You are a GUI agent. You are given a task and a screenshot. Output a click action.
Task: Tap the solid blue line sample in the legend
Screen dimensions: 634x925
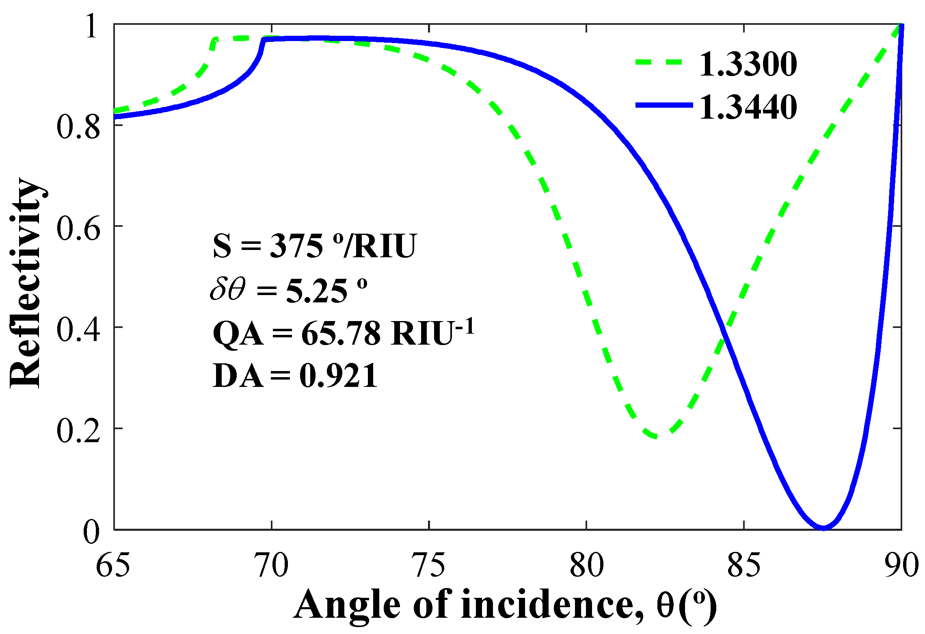click(x=663, y=105)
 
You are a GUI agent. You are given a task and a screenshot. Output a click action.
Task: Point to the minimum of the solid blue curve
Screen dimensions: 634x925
click(x=823, y=528)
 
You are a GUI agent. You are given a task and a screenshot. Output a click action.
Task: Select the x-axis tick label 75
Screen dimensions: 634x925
click(x=429, y=565)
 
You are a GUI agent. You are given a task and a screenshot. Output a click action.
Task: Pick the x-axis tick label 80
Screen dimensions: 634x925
click(x=586, y=565)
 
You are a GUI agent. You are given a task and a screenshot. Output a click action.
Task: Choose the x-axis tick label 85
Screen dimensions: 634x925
click(x=744, y=565)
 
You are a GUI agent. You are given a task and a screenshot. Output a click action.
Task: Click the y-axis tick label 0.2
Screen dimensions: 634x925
click(x=78, y=431)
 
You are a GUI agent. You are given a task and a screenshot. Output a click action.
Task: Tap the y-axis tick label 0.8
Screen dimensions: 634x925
click(x=78, y=127)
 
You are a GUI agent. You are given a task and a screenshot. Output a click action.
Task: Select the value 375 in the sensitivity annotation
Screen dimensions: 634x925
click(x=296, y=246)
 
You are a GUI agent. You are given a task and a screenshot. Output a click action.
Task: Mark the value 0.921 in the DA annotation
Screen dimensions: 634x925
click(x=338, y=376)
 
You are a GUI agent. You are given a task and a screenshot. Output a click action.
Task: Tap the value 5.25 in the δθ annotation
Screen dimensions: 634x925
click(x=316, y=291)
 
